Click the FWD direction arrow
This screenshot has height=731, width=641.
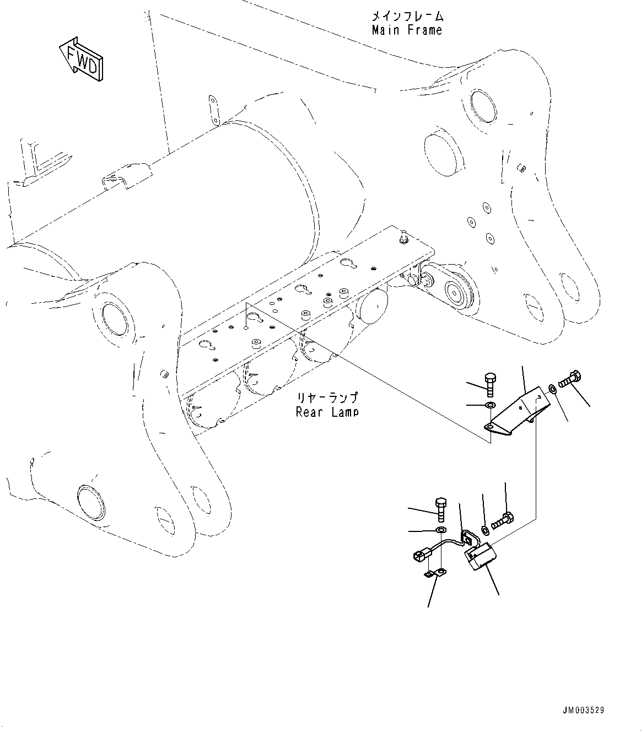pyautogui.click(x=81, y=59)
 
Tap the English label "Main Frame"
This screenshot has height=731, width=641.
pyautogui.click(x=407, y=30)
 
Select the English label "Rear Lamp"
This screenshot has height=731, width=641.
pyautogui.click(x=327, y=411)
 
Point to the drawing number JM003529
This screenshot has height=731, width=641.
pyautogui.click(x=584, y=710)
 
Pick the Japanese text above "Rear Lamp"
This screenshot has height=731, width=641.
pyautogui.click(x=327, y=397)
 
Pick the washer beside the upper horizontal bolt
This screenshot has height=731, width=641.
pyautogui.click(x=552, y=390)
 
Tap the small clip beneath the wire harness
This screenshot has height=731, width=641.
pyautogui.click(x=434, y=574)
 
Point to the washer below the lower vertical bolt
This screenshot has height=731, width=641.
pyautogui.click(x=441, y=530)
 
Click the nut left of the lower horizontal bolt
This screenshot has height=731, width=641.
pyautogui.click(x=485, y=530)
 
